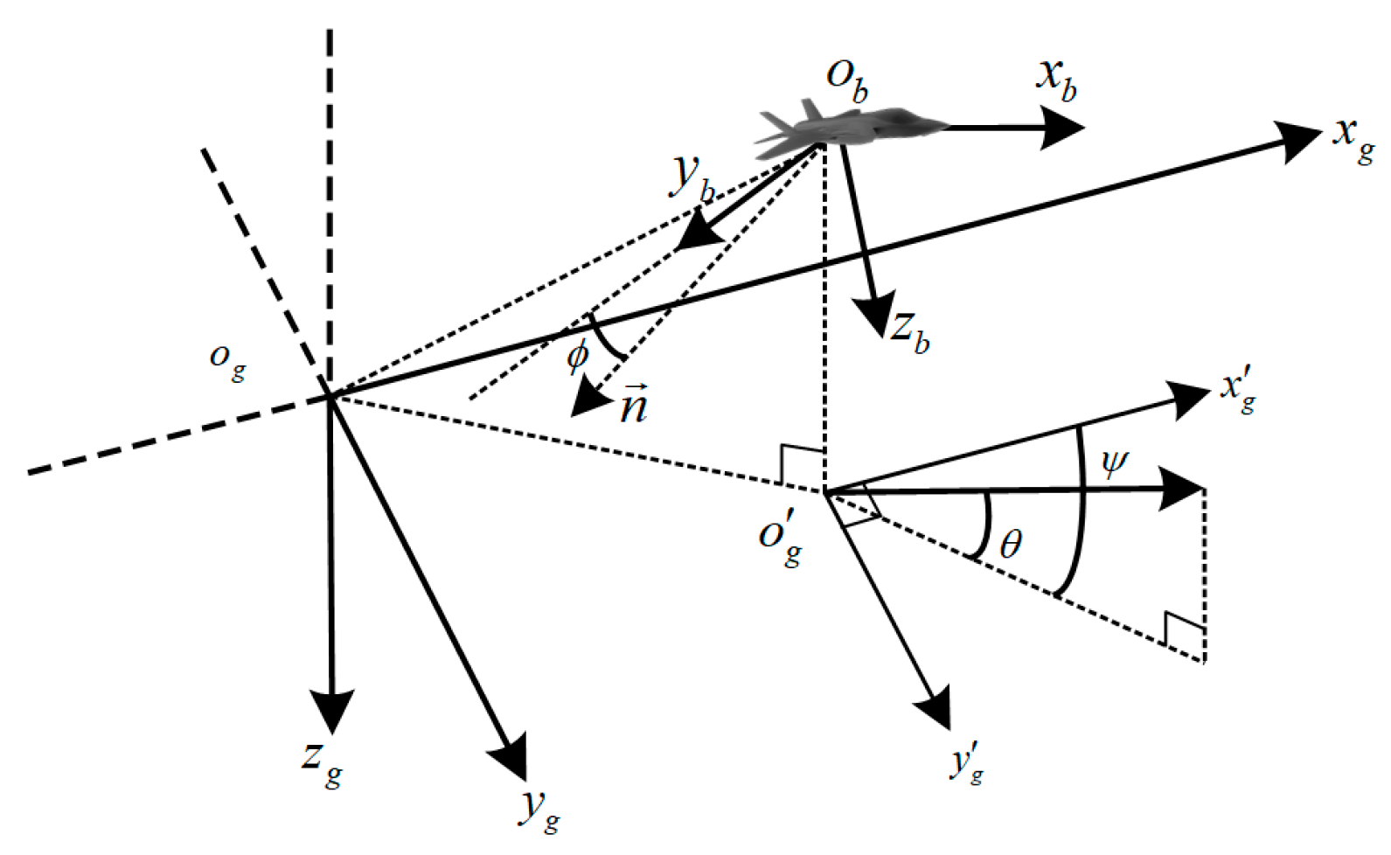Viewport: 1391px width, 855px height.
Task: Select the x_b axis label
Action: click(1056, 80)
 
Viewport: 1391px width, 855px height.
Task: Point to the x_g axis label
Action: click(1353, 137)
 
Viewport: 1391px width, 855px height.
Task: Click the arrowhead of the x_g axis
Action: click(1300, 140)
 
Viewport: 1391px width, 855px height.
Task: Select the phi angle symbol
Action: click(577, 356)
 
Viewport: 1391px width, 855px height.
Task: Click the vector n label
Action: click(633, 405)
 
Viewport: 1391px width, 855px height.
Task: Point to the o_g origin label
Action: click(226, 359)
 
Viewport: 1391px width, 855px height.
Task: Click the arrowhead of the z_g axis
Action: click(331, 710)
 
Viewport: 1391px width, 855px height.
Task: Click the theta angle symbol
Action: click(1010, 545)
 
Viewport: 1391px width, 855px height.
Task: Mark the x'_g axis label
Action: click(1239, 391)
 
